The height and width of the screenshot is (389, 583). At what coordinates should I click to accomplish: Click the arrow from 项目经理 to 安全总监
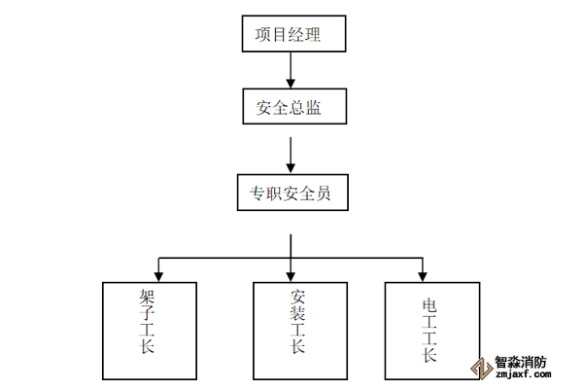click(291, 71)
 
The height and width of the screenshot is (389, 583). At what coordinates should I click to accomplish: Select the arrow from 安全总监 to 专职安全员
click(291, 152)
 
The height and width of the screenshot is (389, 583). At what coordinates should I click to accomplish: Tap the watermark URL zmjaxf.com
click(524, 372)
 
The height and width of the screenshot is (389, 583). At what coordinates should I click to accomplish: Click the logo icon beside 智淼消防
click(478, 366)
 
